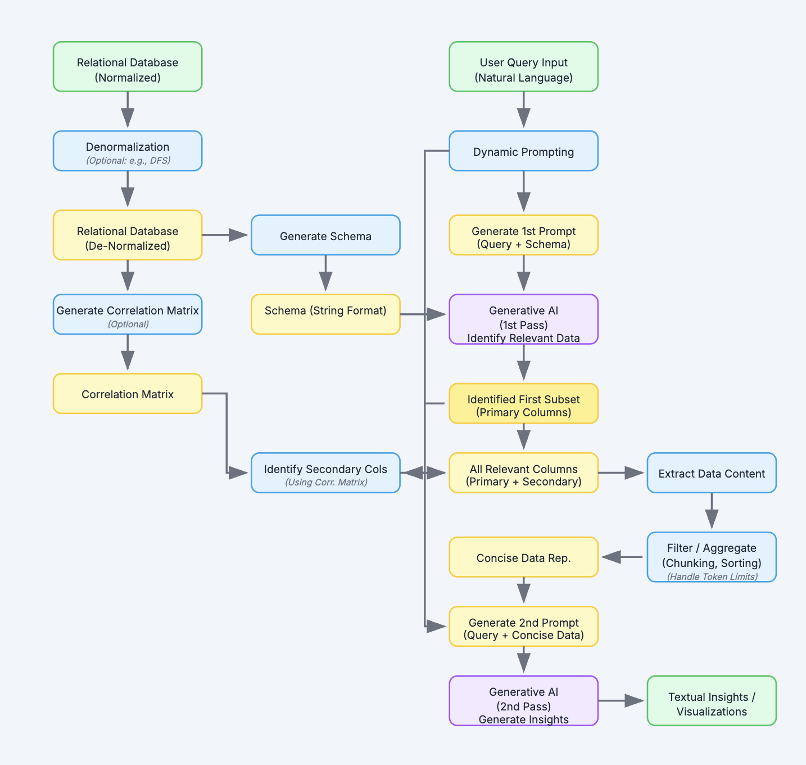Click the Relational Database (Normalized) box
click(128, 66)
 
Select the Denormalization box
click(128, 151)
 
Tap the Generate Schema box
click(325, 235)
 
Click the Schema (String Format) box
click(325, 314)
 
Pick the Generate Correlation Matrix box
click(128, 314)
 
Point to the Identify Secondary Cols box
click(325, 472)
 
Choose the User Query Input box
click(523, 66)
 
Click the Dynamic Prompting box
click(523, 151)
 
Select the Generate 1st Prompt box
click(523, 235)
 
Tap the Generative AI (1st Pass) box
click(523, 319)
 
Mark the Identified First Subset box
click(523, 404)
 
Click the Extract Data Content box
click(712, 472)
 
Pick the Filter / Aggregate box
click(712, 557)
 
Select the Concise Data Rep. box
click(523, 557)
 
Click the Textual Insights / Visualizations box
click(712, 701)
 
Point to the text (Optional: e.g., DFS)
click(128, 161)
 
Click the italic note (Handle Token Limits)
click(712, 577)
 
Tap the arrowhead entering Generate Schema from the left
click(239, 235)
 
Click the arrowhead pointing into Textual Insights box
click(635, 701)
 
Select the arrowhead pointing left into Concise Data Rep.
click(611, 557)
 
